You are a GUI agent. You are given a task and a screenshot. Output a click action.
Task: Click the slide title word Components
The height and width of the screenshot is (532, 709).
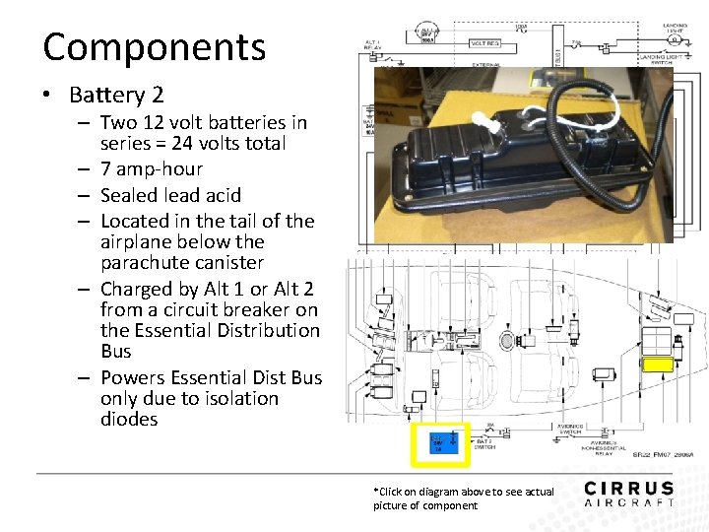pos(154,47)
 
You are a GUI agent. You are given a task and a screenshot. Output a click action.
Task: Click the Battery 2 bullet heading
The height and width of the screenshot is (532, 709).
pos(116,96)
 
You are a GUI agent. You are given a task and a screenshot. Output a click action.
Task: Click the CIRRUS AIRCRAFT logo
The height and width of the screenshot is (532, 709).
pos(628,493)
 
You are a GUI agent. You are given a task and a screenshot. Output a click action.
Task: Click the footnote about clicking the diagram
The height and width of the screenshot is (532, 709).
pos(463,498)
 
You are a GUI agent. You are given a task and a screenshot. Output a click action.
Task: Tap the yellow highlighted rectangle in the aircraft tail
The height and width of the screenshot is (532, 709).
pos(657,365)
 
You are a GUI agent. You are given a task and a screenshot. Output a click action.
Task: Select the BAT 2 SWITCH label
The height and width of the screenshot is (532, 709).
pos(484,443)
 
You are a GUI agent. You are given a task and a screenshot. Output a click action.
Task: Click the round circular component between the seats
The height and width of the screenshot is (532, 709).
pos(508,341)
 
